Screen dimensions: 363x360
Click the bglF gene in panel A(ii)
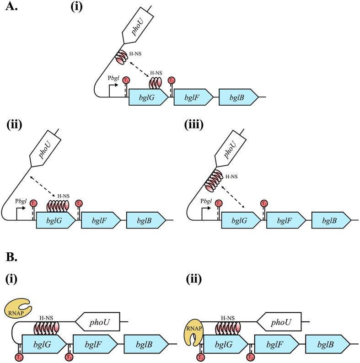coord(101,220)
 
